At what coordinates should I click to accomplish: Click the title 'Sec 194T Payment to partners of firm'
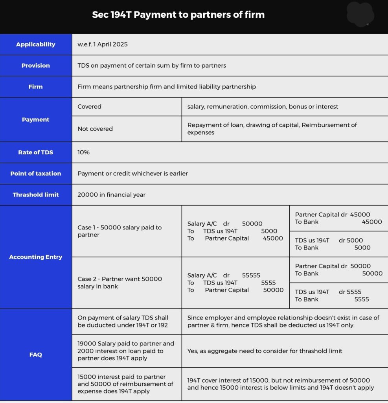(x=178, y=15)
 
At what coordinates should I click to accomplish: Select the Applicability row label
(x=36, y=44)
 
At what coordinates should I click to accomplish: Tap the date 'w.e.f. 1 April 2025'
(x=103, y=44)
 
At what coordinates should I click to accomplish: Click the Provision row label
(x=36, y=66)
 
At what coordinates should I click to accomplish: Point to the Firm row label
(x=36, y=87)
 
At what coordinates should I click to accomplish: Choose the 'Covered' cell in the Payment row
(x=90, y=107)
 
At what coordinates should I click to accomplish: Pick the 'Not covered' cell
(x=95, y=129)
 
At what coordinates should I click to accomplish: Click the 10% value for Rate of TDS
(x=84, y=152)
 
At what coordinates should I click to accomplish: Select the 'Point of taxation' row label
(x=36, y=174)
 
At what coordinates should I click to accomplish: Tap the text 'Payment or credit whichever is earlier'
(x=132, y=174)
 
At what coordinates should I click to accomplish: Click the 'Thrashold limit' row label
(x=36, y=195)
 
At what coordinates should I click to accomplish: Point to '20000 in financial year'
(x=111, y=195)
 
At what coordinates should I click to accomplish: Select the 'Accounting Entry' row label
(x=36, y=257)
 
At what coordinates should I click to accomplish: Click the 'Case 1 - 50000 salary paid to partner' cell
(x=120, y=231)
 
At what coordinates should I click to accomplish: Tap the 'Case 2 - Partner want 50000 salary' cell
(x=120, y=283)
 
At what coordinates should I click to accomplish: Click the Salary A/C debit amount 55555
(x=251, y=275)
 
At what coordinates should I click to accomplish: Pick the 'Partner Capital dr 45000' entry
(x=333, y=215)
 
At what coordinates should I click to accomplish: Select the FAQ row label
(x=36, y=355)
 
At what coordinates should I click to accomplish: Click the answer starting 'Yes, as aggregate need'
(x=265, y=351)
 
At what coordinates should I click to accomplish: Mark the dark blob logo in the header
(x=360, y=15)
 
